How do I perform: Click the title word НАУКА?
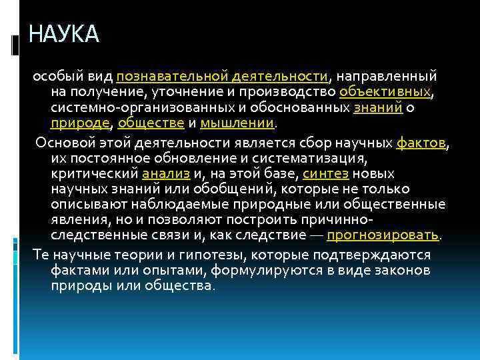click(x=64, y=33)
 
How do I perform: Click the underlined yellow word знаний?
click(x=379, y=107)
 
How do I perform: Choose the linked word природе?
click(x=82, y=123)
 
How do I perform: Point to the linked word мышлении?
click(x=237, y=123)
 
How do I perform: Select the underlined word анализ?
click(x=166, y=174)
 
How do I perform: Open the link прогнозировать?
click(x=383, y=235)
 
